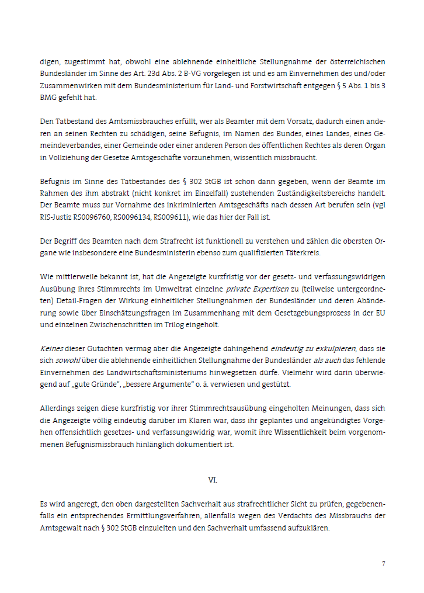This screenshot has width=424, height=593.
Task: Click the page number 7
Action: click(x=383, y=563)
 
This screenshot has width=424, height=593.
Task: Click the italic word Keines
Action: click(x=51, y=347)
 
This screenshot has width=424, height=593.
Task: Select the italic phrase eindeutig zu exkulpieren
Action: click(x=311, y=347)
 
